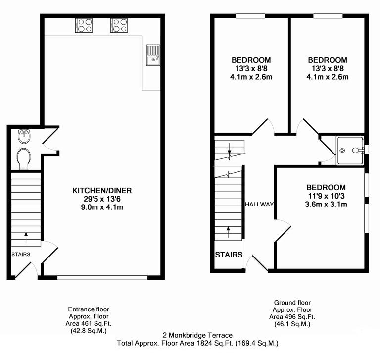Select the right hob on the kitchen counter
click(x=119, y=25)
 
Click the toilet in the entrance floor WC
click(x=23, y=158)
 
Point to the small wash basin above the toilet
click(x=23, y=136)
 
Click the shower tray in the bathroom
click(x=350, y=150)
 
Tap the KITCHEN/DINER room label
click(x=102, y=190)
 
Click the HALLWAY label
click(x=259, y=204)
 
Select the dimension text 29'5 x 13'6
click(x=102, y=199)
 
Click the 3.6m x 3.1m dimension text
click(x=326, y=204)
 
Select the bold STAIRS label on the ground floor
click(x=229, y=255)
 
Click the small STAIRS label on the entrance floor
click(x=20, y=255)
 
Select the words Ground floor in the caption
click(x=292, y=302)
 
